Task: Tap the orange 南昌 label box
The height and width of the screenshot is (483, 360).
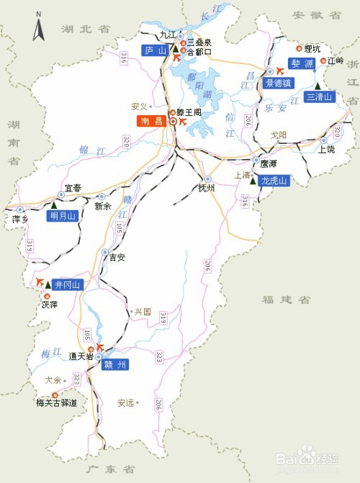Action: [152, 122]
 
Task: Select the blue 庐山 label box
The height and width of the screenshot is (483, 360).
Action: [155, 50]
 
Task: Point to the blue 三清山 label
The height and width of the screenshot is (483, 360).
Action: [320, 96]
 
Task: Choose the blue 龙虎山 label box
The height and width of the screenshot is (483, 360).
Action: [274, 181]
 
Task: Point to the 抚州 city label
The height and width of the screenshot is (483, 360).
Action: [207, 189]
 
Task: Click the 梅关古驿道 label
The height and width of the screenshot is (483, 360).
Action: [56, 402]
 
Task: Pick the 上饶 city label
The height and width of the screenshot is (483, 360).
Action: [326, 150]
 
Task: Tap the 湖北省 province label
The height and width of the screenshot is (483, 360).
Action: [86, 29]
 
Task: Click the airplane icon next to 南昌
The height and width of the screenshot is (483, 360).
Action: [181, 122]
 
